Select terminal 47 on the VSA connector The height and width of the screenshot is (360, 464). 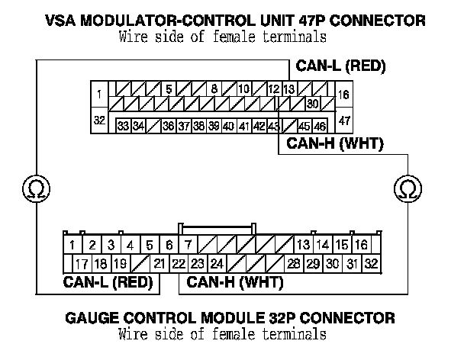[x=344, y=121]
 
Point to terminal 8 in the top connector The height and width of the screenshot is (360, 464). [x=214, y=88]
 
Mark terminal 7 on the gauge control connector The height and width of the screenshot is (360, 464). [x=188, y=245]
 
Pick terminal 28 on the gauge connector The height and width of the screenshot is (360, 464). [x=293, y=264]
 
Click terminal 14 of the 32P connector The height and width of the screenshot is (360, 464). [x=323, y=245]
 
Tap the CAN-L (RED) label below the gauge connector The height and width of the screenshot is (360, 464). [x=107, y=284]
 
